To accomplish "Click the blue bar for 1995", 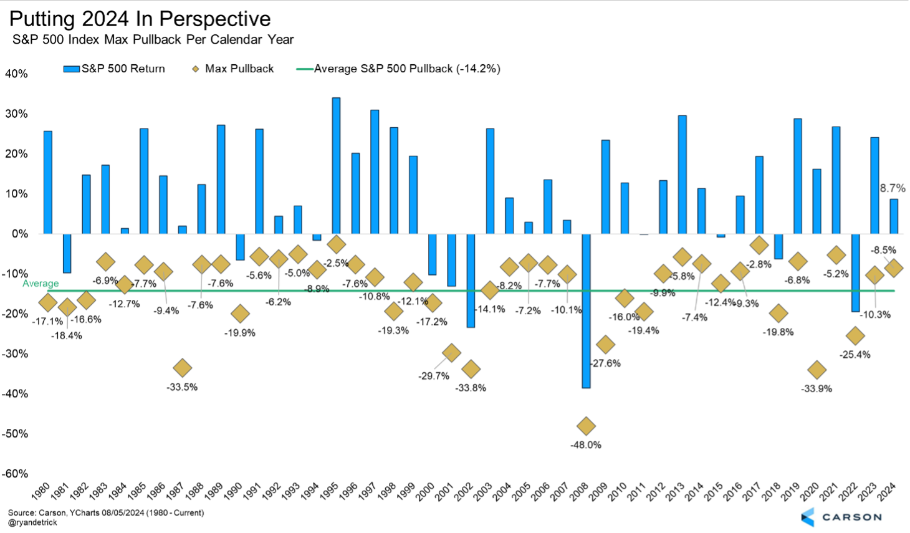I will pos(336,166).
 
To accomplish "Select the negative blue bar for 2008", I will pos(586,310).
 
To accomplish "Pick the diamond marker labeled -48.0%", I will pos(586,426).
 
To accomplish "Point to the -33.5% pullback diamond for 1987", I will pos(182,368).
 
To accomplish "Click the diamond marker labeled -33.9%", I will pos(817,370).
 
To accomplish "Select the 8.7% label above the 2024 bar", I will pos(893,188).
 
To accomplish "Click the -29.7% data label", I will pos(434,376).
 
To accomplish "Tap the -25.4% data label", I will pos(855,355).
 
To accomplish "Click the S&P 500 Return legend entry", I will pos(115,69).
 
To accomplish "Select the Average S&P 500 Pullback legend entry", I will pos(399,69).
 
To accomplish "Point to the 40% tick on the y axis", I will pos(16,74).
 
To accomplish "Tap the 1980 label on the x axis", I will pos(41,491).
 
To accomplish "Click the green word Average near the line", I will pos(41,284).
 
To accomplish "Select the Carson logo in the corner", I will pos(841,517).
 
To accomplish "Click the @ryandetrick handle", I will pos(32,522).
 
